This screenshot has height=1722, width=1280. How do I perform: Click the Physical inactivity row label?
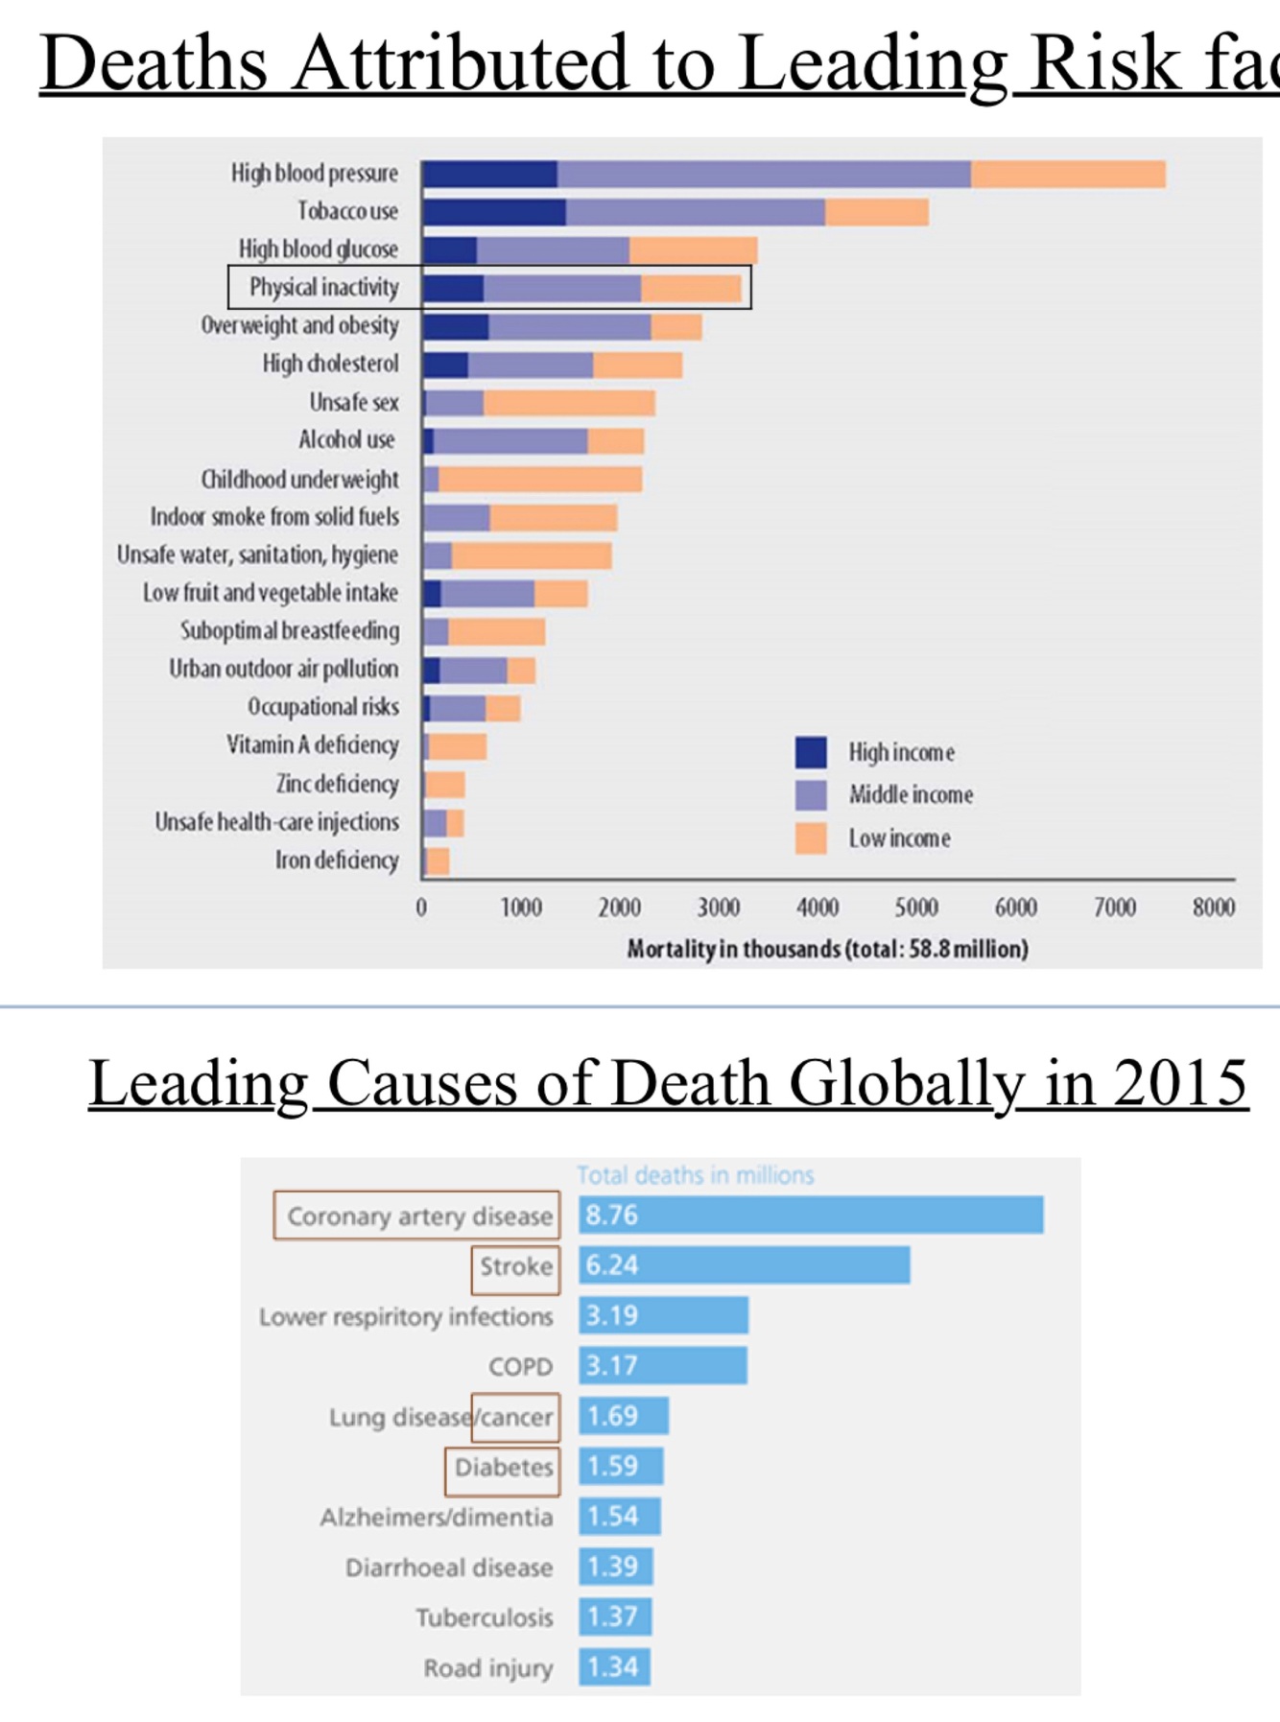(x=323, y=287)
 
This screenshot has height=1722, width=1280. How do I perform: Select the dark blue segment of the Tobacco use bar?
(x=493, y=212)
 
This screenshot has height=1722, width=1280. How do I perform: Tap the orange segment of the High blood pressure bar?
(x=1067, y=175)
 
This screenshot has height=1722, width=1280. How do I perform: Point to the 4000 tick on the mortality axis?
(x=818, y=907)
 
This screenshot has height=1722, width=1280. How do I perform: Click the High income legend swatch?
(x=811, y=752)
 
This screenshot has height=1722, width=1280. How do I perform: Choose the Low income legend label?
(x=899, y=838)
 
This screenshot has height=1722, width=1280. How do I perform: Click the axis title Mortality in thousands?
(x=827, y=949)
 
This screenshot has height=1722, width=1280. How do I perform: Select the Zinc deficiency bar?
(x=444, y=785)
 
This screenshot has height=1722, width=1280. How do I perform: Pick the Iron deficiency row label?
(x=337, y=861)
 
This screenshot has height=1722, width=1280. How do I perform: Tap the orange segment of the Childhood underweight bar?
(x=539, y=479)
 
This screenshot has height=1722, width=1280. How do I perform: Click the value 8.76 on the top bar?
(x=612, y=1215)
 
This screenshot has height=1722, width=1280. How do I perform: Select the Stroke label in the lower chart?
(x=516, y=1266)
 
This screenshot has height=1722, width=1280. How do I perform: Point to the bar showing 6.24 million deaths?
(x=745, y=1265)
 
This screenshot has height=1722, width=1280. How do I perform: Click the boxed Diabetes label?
(x=504, y=1468)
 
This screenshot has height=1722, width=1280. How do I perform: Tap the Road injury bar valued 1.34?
(x=614, y=1666)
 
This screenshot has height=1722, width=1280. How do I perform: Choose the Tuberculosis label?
(x=485, y=1617)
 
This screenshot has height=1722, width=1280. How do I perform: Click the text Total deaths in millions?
(x=696, y=1175)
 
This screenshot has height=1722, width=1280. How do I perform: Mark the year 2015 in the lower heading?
(x=1180, y=1083)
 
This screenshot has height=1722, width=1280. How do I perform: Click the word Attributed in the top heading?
(x=460, y=63)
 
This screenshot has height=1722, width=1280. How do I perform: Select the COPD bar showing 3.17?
(x=663, y=1365)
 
